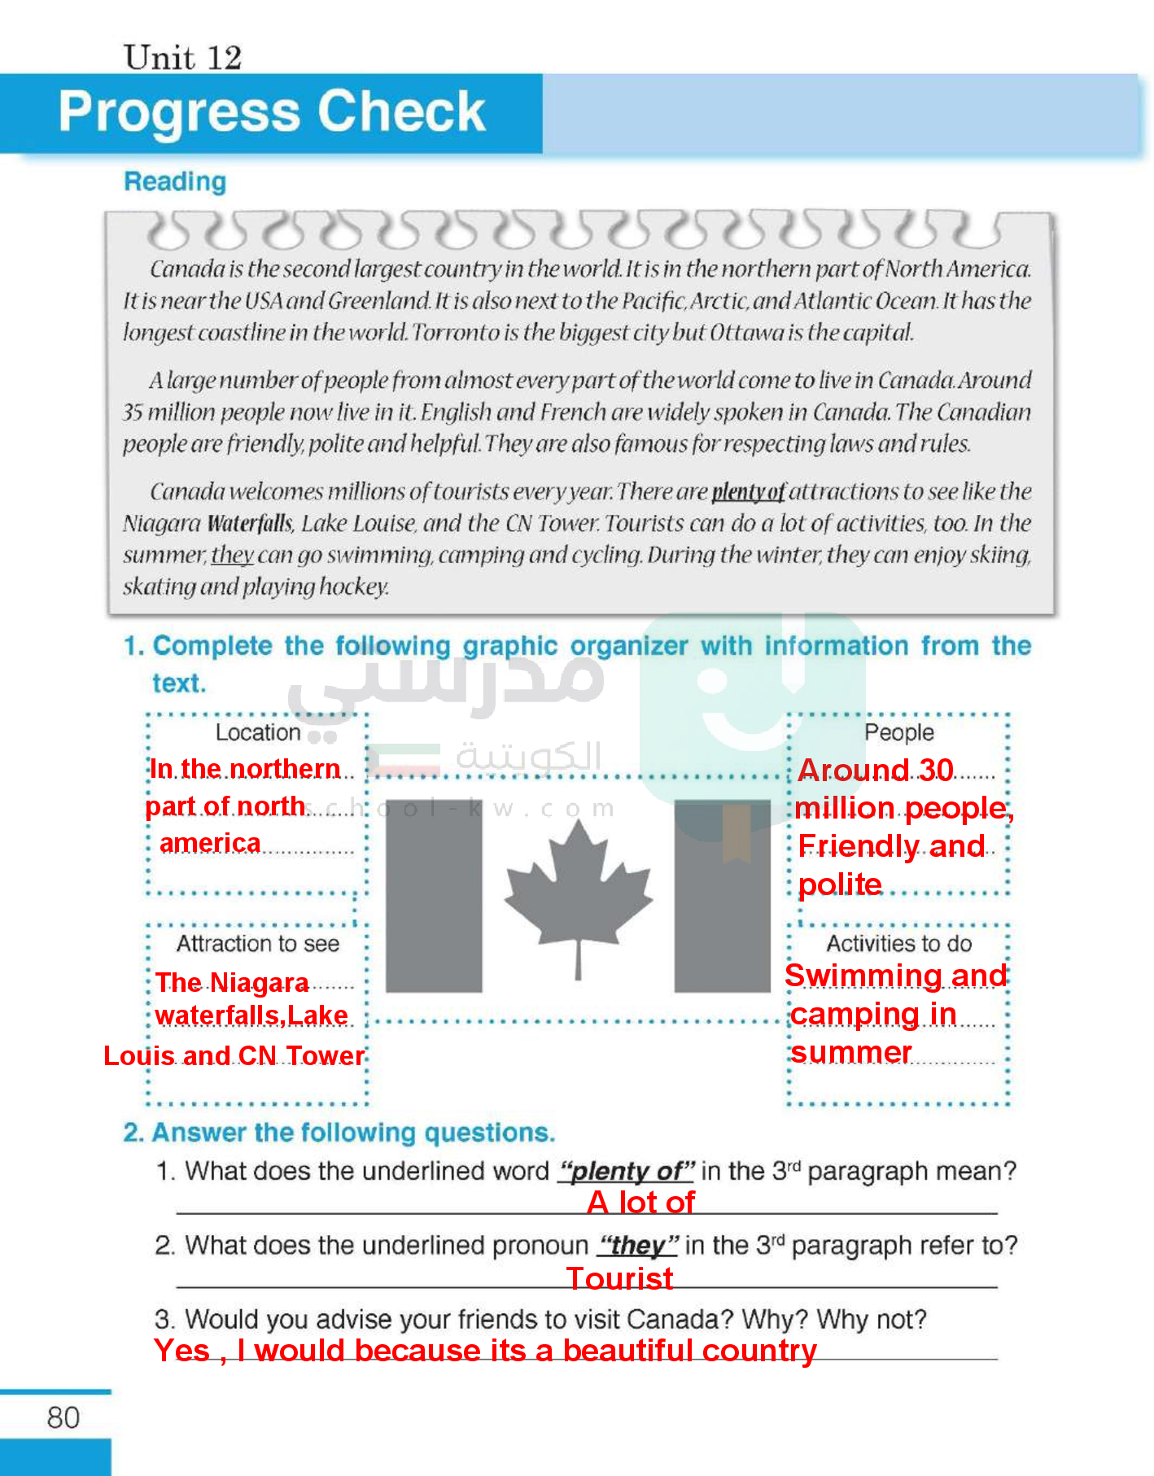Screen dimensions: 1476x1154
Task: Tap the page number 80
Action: [x=63, y=1418]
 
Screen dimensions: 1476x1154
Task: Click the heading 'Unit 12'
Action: [x=182, y=58]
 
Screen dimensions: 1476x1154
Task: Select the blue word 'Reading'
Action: [x=175, y=181]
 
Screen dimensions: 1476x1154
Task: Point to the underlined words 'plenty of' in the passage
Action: [x=748, y=491]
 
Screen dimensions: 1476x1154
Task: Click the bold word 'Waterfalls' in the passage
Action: [x=249, y=523]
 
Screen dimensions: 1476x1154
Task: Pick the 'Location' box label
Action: [x=258, y=732]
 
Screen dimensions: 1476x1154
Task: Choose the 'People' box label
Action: [x=898, y=732]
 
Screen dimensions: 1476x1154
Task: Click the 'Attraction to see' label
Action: [x=258, y=944]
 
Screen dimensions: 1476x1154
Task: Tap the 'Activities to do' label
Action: [x=899, y=944]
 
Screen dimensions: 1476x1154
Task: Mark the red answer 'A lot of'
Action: [x=641, y=1202]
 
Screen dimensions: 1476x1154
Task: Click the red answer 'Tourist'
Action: [x=620, y=1278]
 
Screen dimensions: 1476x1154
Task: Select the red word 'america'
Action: [x=211, y=844]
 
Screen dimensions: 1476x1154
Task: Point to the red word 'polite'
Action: [x=840, y=884]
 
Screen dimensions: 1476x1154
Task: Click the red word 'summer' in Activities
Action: [x=851, y=1053]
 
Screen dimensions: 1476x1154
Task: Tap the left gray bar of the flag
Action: [x=434, y=895]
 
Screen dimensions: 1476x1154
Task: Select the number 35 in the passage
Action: [x=133, y=413]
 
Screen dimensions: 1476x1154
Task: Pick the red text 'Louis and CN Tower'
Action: [x=234, y=1056]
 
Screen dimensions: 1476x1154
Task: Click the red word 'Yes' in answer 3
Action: [x=181, y=1351]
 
